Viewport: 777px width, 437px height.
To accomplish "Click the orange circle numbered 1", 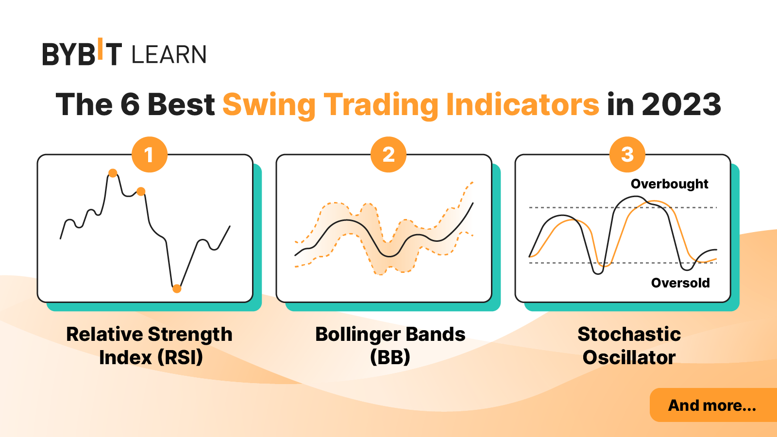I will tap(150, 155).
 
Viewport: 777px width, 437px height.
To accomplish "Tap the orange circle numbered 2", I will tap(388, 155).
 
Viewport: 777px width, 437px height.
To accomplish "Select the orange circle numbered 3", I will tap(627, 155).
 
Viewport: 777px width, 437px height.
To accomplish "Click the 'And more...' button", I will tap(712, 405).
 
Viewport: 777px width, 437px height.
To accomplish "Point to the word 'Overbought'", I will tap(669, 184).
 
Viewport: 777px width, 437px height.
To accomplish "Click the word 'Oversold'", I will tap(680, 283).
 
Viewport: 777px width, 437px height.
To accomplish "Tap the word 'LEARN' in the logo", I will tap(169, 54).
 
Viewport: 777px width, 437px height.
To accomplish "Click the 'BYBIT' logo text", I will tap(82, 53).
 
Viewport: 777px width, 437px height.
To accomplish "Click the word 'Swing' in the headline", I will tap(269, 104).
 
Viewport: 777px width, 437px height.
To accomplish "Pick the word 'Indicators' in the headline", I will tap(523, 104).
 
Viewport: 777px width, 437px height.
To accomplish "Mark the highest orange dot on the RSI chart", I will tap(113, 173).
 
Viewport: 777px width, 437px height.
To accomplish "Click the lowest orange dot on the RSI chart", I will tap(177, 288).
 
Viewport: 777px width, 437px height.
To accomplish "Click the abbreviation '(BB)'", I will tap(390, 358).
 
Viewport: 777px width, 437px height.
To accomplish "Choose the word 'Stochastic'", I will tap(629, 335).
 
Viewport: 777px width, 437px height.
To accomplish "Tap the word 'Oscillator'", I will tap(629, 358).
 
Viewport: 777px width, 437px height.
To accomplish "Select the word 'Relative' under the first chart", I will tap(104, 335).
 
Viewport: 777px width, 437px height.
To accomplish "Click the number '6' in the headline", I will tap(130, 104).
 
